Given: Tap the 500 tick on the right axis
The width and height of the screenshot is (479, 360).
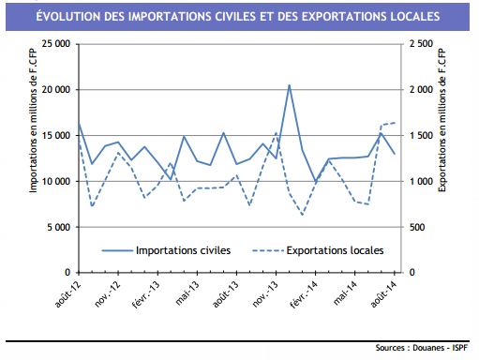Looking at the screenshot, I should (x=419, y=227).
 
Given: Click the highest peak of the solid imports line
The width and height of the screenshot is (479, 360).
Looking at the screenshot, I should (x=289, y=85).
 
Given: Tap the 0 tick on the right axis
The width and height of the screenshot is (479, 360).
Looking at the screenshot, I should (x=413, y=273).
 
